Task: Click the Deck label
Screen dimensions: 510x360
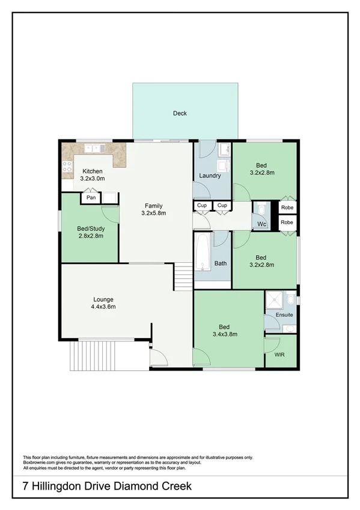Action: click(180, 113)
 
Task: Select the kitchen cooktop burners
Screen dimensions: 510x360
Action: click(67, 167)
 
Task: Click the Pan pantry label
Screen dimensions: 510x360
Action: click(91, 197)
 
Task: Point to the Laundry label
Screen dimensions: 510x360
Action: click(210, 176)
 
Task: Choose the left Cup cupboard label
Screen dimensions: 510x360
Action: click(201, 206)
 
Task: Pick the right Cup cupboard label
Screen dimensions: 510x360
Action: click(222, 206)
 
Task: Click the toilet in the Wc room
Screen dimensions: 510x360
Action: click(262, 210)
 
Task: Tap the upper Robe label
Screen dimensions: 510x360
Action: click(287, 207)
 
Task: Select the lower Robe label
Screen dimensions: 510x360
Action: click(287, 223)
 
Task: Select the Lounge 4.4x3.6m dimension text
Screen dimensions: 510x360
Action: click(103, 307)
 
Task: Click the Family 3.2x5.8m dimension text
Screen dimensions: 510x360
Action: click(153, 213)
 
